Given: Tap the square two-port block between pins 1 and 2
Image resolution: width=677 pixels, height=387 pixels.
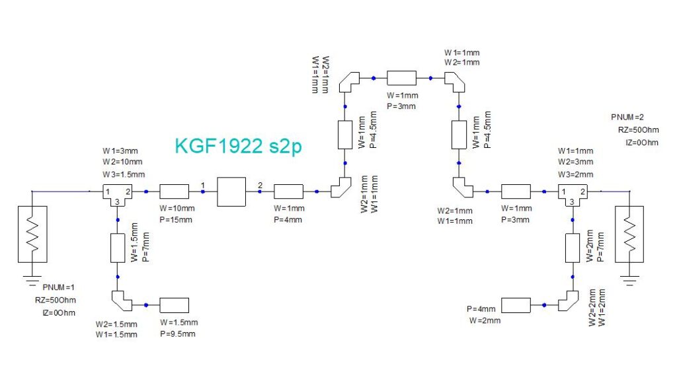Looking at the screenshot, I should pos(231,192).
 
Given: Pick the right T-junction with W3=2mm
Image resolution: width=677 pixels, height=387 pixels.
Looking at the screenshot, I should pos(571,193).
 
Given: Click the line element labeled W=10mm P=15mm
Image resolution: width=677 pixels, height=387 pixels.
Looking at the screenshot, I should pos(175,192).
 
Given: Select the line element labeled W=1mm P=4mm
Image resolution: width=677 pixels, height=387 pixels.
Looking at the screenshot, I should pos(288,192).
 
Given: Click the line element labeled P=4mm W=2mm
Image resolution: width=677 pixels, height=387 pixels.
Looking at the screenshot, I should pos(516,305).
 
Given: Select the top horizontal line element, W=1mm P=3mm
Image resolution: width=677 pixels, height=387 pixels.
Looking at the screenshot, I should pos(401,78).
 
